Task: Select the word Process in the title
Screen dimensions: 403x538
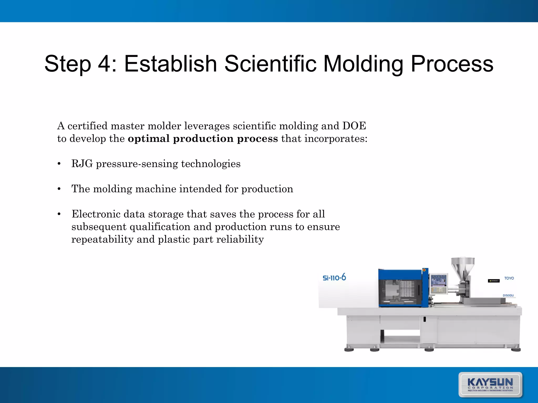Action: (x=452, y=64)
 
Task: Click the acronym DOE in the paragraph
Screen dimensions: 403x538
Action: (x=354, y=126)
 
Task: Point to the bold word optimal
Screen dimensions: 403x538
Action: (x=149, y=139)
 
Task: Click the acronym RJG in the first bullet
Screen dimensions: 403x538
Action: (x=82, y=164)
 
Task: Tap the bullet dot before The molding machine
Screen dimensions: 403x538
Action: (x=59, y=189)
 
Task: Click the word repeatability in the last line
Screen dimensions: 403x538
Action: (x=102, y=239)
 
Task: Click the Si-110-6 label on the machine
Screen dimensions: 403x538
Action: (x=334, y=278)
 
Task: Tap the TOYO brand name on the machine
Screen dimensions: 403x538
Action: (x=509, y=278)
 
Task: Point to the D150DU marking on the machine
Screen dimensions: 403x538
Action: (x=508, y=295)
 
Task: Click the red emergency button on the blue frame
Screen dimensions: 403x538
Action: (x=424, y=270)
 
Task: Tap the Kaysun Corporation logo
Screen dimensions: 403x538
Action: (x=490, y=385)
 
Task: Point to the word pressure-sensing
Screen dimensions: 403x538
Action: (x=137, y=164)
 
